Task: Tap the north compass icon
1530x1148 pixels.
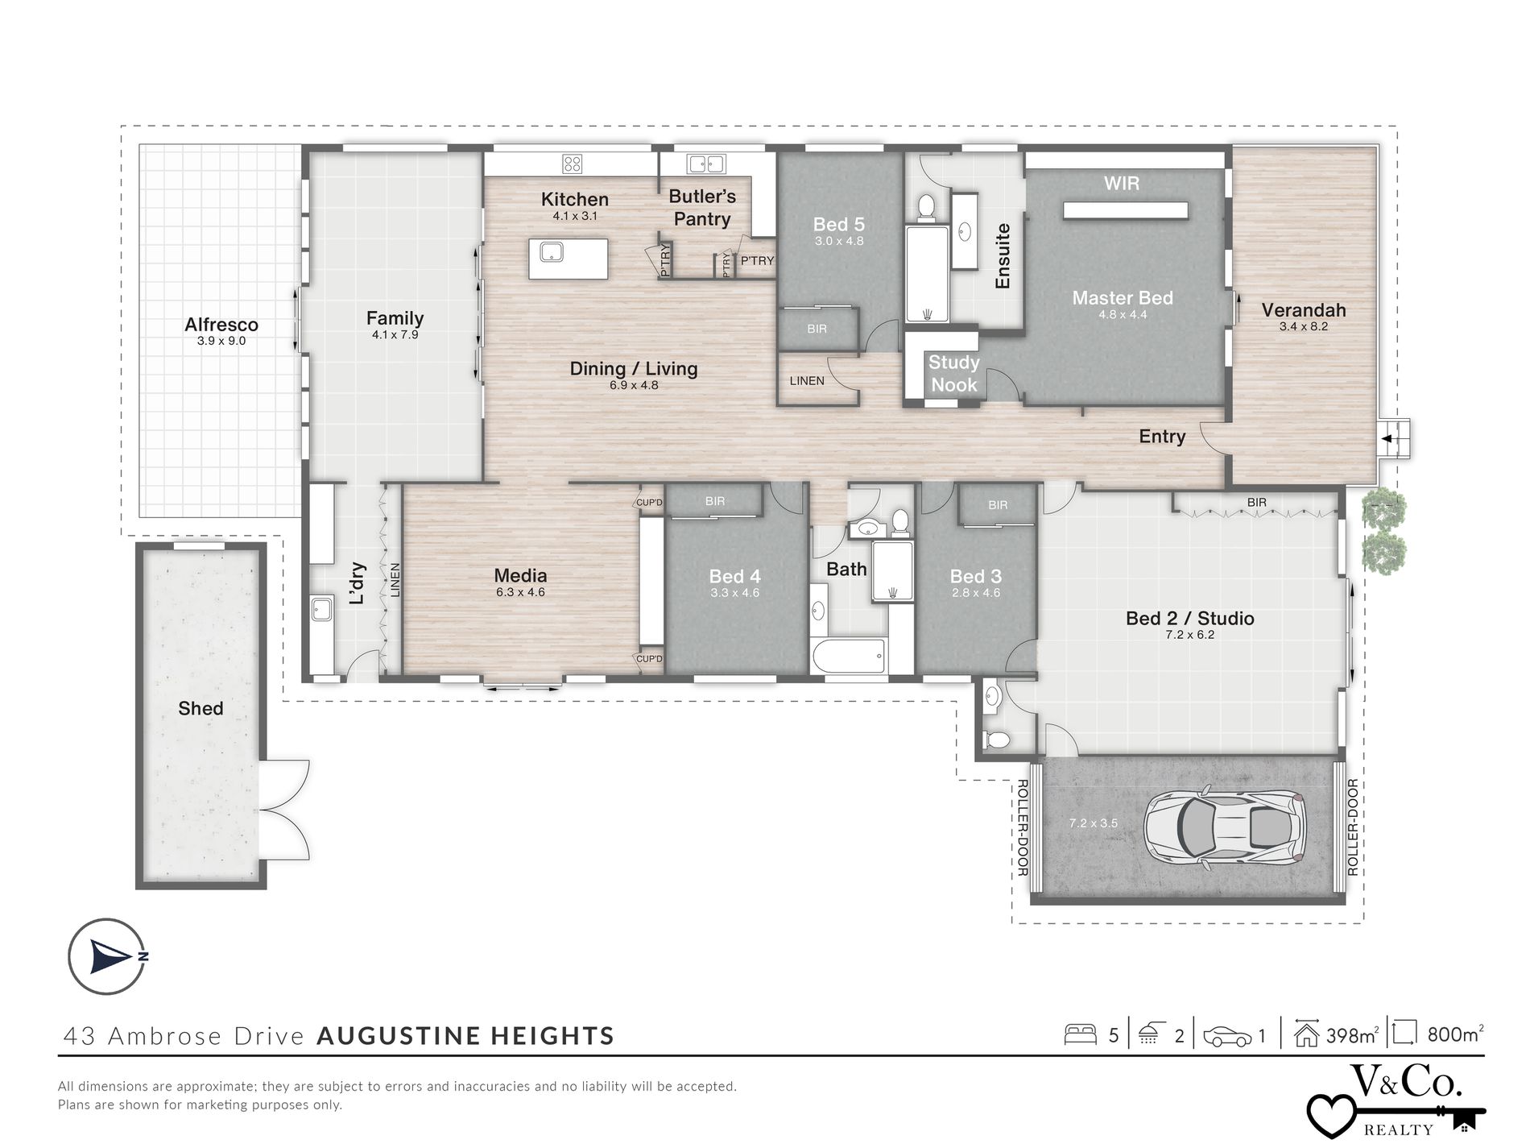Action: point(107,957)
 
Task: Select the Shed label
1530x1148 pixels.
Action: point(201,708)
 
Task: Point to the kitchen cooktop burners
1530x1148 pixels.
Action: point(573,164)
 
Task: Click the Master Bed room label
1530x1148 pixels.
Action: point(1123,297)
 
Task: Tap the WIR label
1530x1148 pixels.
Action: point(1122,183)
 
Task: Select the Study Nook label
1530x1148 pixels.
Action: point(954,373)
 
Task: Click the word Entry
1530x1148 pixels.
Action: point(1162,436)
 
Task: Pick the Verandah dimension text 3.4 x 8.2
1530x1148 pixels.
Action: point(1304,326)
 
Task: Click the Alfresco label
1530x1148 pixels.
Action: point(221,325)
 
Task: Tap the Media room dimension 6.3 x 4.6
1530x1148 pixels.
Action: point(521,592)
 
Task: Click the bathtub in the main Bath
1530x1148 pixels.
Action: point(850,657)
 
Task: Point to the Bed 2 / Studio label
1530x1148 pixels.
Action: point(1190,618)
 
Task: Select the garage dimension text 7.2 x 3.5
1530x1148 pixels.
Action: point(1094,823)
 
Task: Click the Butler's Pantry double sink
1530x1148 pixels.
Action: point(706,164)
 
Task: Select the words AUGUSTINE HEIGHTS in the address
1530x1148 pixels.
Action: point(466,1035)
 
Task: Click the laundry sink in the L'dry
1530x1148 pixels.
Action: point(322,608)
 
